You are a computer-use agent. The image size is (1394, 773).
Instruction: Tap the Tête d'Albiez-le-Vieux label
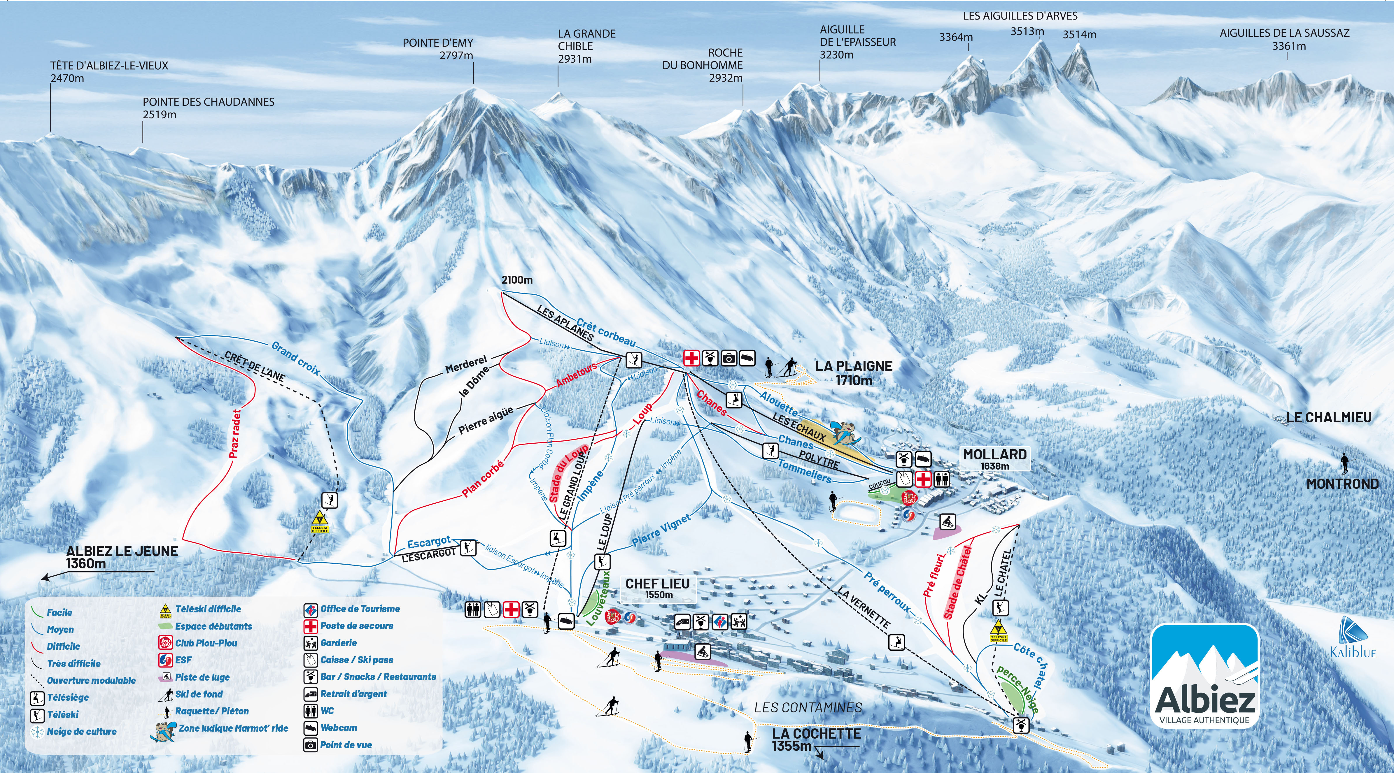click(x=109, y=71)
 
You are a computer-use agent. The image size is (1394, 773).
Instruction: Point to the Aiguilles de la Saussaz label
click(x=1284, y=39)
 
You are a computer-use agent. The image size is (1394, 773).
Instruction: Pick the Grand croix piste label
click(x=295, y=358)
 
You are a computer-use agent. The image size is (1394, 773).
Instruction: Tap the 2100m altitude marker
click(x=517, y=280)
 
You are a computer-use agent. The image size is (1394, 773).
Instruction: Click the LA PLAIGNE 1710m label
click(x=853, y=373)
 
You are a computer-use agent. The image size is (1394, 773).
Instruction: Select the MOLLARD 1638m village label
click(x=995, y=458)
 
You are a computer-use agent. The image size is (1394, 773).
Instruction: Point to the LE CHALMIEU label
click(x=1328, y=417)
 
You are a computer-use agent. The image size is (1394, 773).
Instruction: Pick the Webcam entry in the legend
click(x=338, y=728)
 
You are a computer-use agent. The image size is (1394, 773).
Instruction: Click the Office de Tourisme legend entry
click(x=360, y=609)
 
